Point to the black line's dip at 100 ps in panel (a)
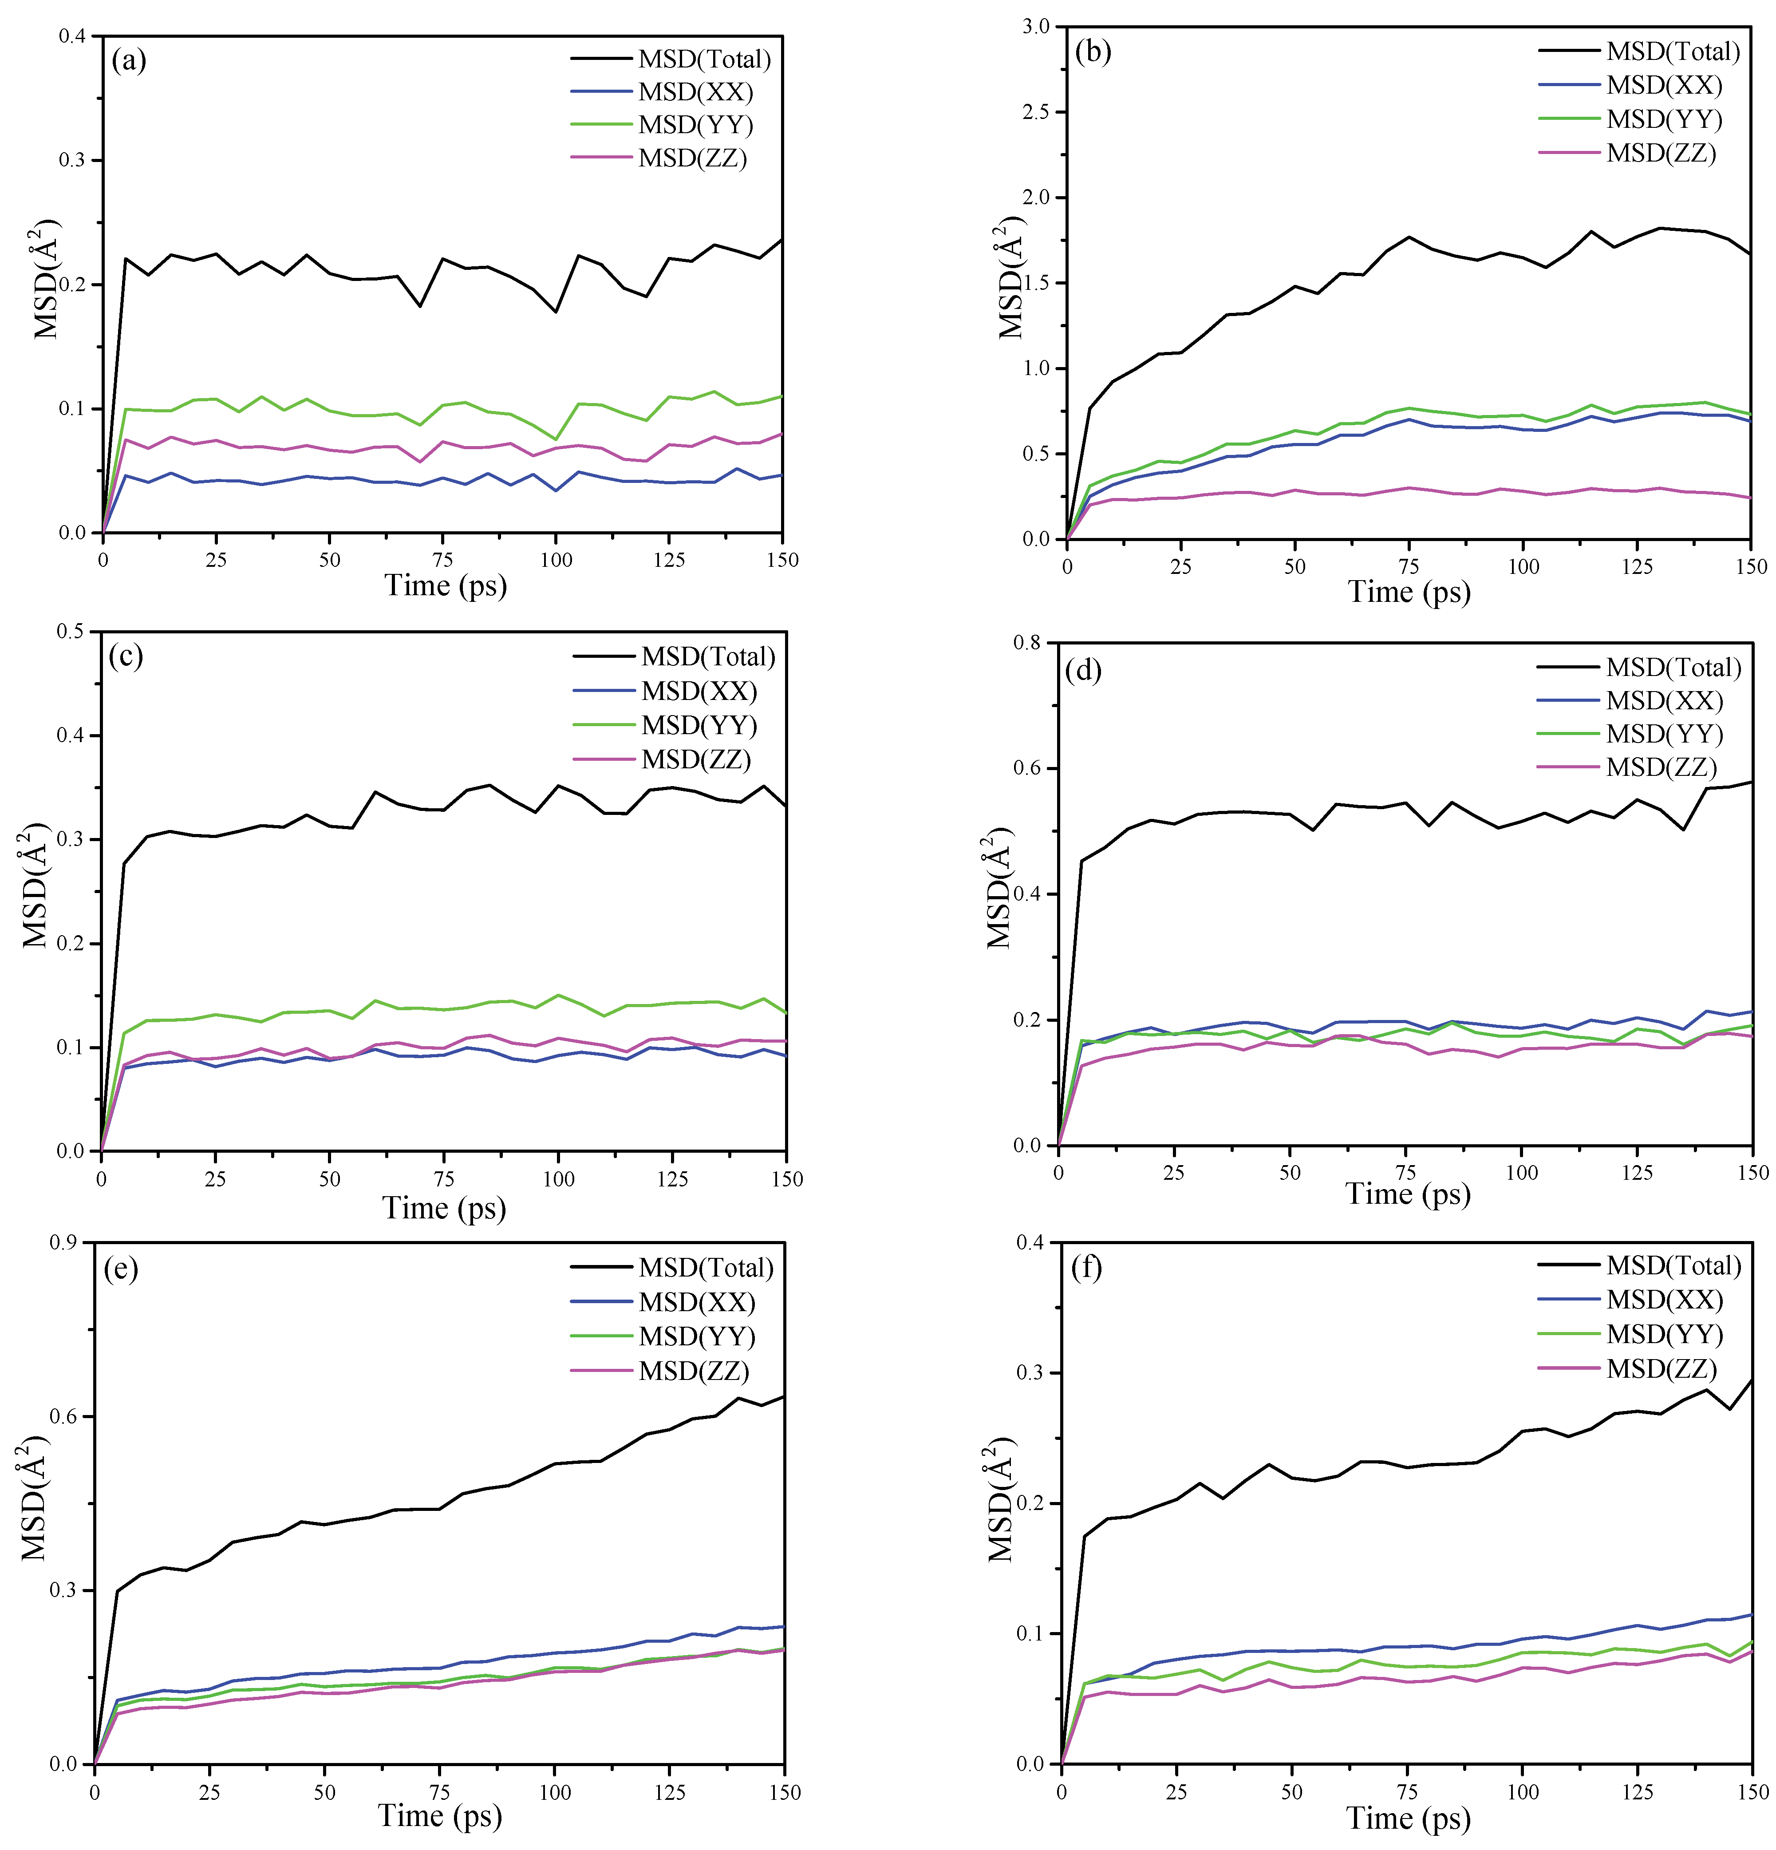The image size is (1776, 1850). (x=556, y=312)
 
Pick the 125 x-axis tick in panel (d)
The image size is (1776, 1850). (x=1637, y=1172)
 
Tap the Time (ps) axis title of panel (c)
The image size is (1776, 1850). (x=443, y=1208)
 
